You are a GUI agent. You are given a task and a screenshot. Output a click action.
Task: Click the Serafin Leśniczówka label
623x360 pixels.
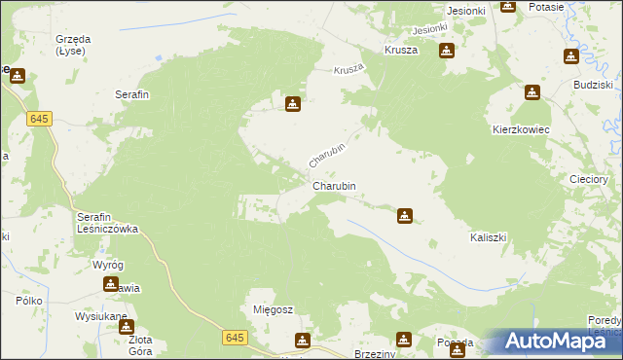pyautogui.click(x=108, y=223)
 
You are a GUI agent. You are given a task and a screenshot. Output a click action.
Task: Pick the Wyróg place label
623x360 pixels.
pyautogui.click(x=108, y=265)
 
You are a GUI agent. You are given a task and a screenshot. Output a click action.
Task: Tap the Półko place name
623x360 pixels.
pyautogui.click(x=28, y=302)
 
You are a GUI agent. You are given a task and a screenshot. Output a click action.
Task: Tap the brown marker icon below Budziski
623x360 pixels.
pyautogui.click(x=569, y=56)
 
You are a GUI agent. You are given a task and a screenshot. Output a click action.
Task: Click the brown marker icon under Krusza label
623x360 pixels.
pyautogui.click(x=447, y=51)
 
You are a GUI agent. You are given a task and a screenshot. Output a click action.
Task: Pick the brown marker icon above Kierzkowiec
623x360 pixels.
pyautogui.click(x=532, y=93)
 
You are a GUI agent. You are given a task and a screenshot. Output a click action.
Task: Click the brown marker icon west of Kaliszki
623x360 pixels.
pyautogui.click(x=406, y=215)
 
